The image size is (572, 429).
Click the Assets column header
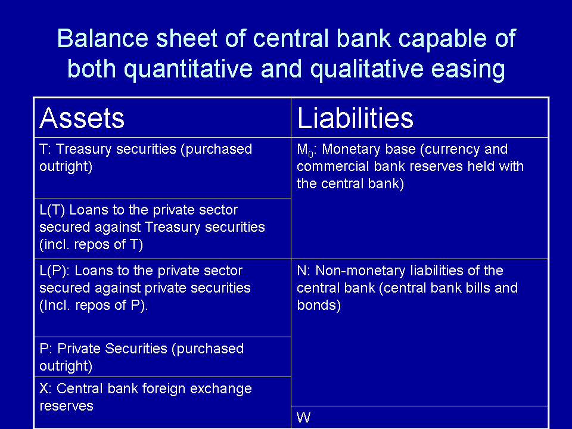[x=82, y=118]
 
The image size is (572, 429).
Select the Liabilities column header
[x=355, y=118]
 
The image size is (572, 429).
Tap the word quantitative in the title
[x=188, y=69]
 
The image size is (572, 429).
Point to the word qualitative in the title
[x=367, y=69]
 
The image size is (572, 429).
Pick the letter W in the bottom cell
[x=303, y=417]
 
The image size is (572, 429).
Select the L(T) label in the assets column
[x=52, y=210]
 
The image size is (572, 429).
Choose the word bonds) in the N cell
[x=319, y=305]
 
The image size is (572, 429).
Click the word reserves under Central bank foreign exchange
[x=66, y=406]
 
